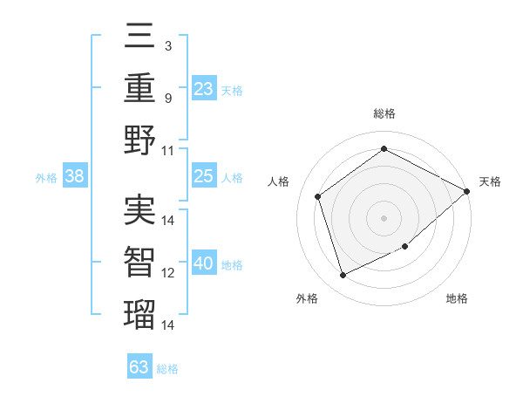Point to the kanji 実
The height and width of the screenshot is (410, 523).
pyautogui.click(x=139, y=210)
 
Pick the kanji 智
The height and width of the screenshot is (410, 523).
pyautogui.click(x=139, y=262)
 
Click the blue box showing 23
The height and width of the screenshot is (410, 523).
pyautogui.click(x=204, y=89)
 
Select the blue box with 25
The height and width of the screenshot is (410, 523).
pyautogui.click(x=204, y=177)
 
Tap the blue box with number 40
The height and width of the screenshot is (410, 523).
pyautogui.click(x=204, y=264)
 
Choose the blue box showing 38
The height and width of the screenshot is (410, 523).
pyautogui.click(x=74, y=177)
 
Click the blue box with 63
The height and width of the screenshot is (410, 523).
pyautogui.click(x=139, y=367)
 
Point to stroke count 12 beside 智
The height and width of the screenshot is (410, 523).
pyautogui.click(x=168, y=273)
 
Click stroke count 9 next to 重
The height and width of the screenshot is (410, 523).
pyautogui.click(x=168, y=98)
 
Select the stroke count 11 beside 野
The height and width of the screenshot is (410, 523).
pyautogui.click(x=168, y=150)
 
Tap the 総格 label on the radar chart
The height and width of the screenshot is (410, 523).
pyautogui.click(x=384, y=113)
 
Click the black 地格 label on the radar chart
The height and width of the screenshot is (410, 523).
pyautogui.click(x=457, y=298)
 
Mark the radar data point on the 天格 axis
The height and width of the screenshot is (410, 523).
pyautogui.click(x=467, y=192)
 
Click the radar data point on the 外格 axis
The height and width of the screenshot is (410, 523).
pyautogui.click(x=343, y=276)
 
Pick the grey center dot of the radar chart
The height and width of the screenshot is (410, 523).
pyautogui.click(x=384, y=217)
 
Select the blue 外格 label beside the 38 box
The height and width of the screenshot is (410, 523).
pyautogui.click(x=46, y=178)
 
